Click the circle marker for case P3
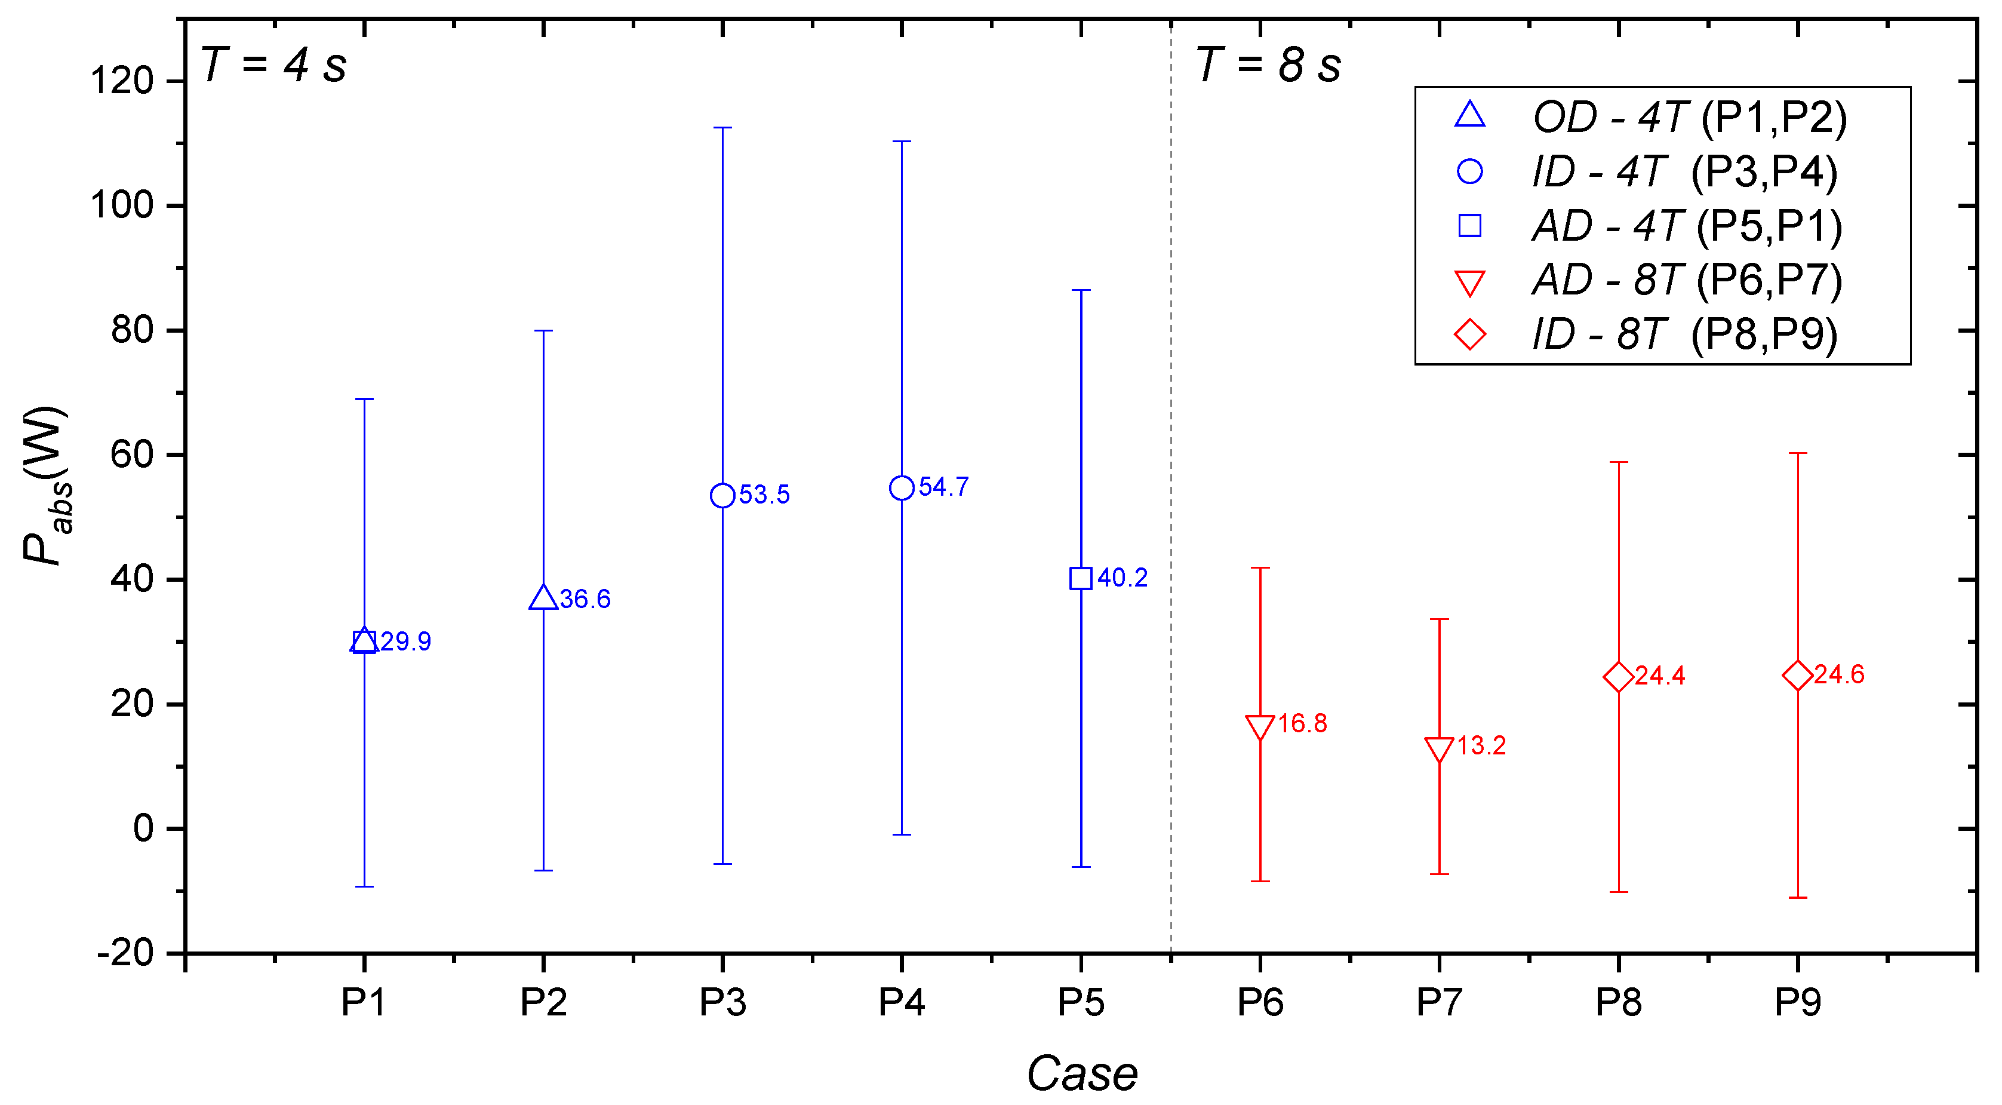point(723,495)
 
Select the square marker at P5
point(1081,579)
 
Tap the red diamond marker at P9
point(1798,675)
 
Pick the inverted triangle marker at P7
point(1440,749)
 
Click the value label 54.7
point(943,487)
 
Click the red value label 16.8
point(1303,724)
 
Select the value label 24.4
point(1660,676)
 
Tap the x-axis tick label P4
point(902,1003)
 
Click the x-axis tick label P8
point(1618,1003)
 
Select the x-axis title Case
point(1082,1074)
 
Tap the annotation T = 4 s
point(273,65)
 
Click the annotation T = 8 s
point(1268,65)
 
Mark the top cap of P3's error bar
point(723,128)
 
